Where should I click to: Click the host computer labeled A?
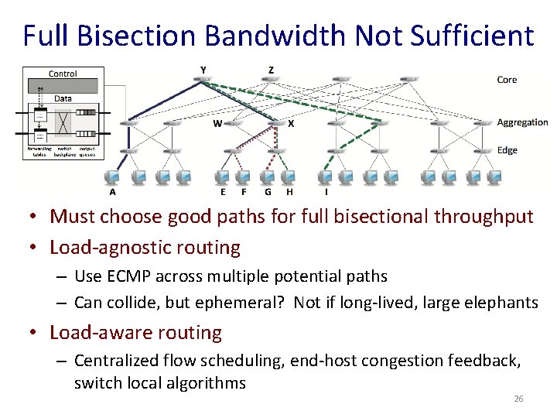coord(114,177)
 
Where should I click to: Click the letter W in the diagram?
coord(218,122)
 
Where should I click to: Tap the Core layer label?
coord(507,80)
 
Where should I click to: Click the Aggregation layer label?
coord(522,122)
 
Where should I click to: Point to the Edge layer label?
coord(507,150)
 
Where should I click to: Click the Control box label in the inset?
coord(63,74)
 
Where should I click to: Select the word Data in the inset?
coord(63,98)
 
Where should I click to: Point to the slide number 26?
coord(518,399)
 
